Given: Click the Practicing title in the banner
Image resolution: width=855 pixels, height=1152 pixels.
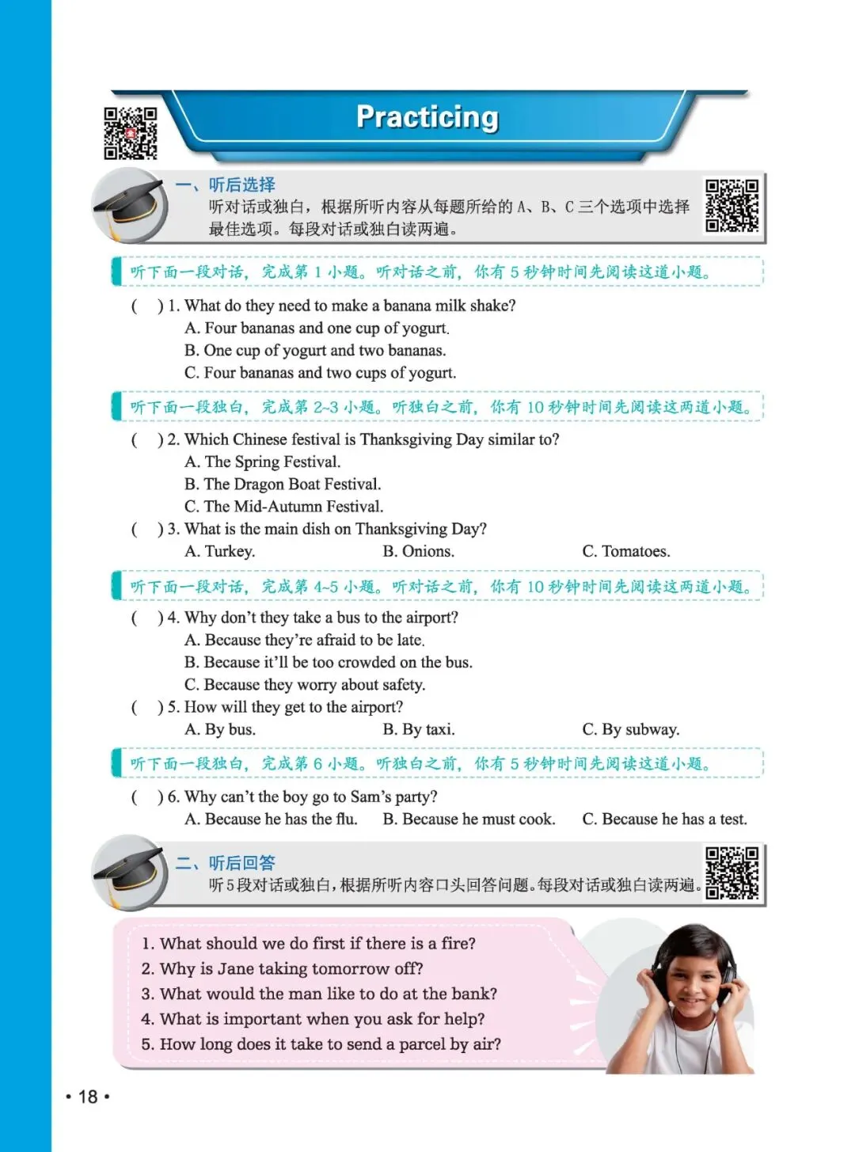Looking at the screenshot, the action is (x=427, y=117).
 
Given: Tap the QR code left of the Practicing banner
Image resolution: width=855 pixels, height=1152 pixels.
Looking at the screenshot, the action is (x=131, y=133).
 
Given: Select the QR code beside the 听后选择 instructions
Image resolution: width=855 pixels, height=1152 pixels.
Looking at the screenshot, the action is (x=731, y=206).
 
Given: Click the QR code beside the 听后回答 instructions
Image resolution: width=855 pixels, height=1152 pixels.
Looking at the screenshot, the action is (x=731, y=873).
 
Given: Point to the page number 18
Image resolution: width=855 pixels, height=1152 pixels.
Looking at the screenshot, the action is (x=88, y=1097).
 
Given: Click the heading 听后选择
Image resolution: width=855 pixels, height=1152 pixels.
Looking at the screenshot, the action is (x=242, y=185).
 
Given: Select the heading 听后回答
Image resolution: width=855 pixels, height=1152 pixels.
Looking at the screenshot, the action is (x=242, y=863).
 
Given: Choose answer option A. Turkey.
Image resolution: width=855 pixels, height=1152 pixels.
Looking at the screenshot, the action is (x=220, y=551).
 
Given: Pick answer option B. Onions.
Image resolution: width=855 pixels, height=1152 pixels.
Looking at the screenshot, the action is (x=418, y=551).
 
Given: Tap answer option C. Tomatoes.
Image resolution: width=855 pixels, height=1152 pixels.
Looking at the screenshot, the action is (x=626, y=551).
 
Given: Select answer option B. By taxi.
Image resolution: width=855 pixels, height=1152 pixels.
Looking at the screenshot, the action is (x=419, y=729).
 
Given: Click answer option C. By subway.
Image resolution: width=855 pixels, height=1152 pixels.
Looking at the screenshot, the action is (x=631, y=729).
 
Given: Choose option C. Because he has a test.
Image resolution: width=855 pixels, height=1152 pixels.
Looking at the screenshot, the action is (x=664, y=819).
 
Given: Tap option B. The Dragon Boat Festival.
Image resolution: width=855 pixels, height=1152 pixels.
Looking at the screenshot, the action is (x=283, y=484).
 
